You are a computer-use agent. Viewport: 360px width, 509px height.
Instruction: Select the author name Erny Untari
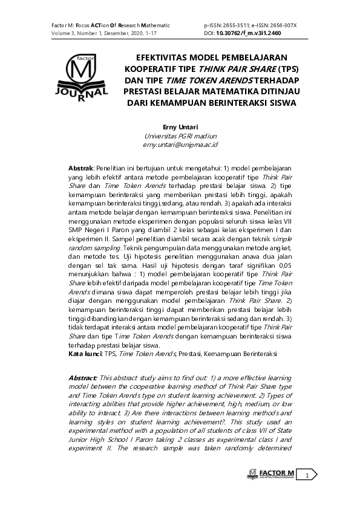(180, 128)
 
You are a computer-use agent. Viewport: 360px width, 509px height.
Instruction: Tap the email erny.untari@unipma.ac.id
(180, 145)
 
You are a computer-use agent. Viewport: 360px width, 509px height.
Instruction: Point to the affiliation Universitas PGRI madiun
(180, 137)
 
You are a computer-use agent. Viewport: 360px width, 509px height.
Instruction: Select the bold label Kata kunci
(85, 352)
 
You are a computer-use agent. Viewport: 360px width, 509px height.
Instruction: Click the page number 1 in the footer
(307, 476)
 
